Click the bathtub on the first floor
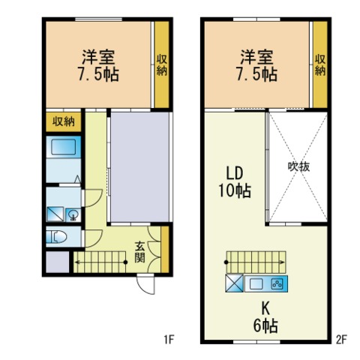pyautogui.click(x=63, y=147)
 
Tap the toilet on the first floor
pyautogui.click(x=56, y=236)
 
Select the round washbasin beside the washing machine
pyautogui.click(x=73, y=214)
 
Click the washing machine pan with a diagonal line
pyautogui.click(x=55, y=214)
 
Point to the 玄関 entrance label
pyautogui.click(x=140, y=252)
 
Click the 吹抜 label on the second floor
pyautogui.click(x=298, y=166)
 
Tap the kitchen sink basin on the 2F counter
pyautogui.click(x=256, y=283)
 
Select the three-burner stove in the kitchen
pyautogui.click(x=277, y=283)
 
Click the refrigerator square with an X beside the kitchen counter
pyautogui.click(x=234, y=283)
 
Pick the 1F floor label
pyautogui.click(x=169, y=340)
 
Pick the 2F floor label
pyautogui.click(x=341, y=340)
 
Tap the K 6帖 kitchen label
pyautogui.click(x=265, y=317)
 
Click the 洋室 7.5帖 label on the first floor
pyautogui.click(x=98, y=65)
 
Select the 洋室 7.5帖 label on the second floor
pyautogui.click(x=257, y=65)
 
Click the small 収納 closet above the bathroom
pyautogui.click(x=64, y=122)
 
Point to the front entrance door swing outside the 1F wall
pyautogui.click(x=146, y=284)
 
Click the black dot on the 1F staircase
pyautogui.click(x=126, y=262)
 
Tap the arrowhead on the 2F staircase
pyautogui.click(x=283, y=262)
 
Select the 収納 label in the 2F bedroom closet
pyautogui.click(x=320, y=65)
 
